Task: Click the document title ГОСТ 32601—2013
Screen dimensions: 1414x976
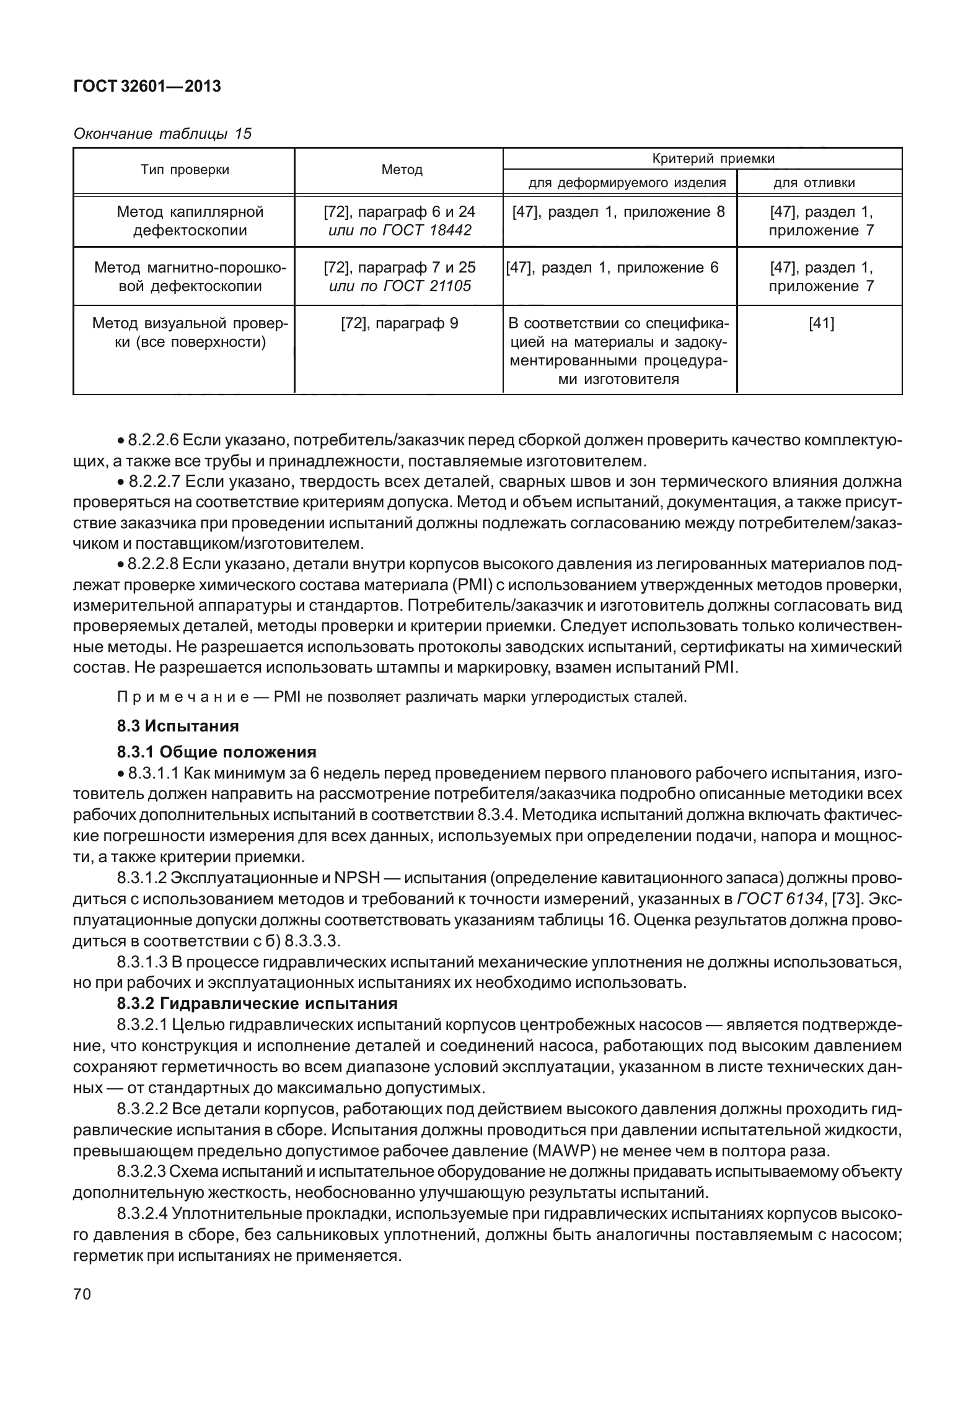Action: coord(147,87)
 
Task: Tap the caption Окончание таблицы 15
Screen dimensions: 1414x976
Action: coord(162,134)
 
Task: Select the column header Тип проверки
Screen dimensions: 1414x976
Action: coord(185,170)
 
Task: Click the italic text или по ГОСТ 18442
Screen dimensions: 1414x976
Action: coord(399,230)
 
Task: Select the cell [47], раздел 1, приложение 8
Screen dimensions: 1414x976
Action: coord(618,212)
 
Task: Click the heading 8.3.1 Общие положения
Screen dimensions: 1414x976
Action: coord(217,752)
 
